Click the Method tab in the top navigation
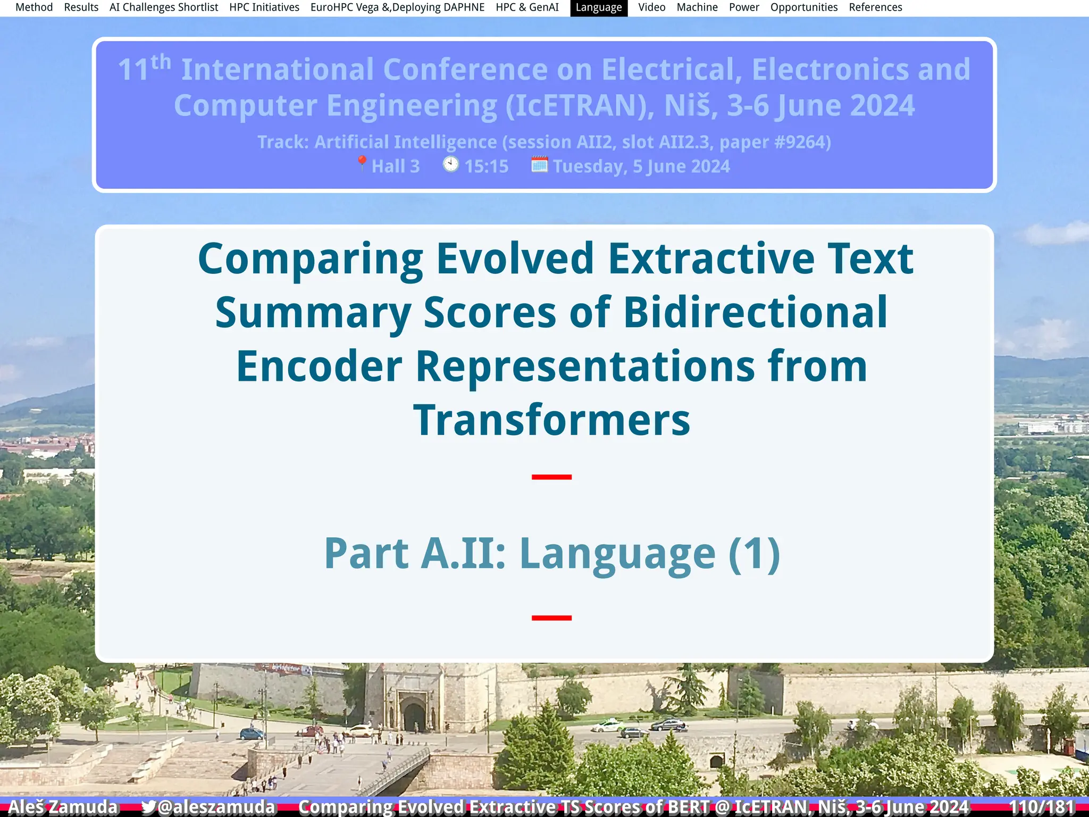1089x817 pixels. click(34, 7)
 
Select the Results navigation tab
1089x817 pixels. click(81, 7)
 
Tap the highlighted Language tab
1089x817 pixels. click(598, 7)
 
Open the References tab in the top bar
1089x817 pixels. click(875, 7)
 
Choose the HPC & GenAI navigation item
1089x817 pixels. click(527, 7)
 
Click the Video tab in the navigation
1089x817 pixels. click(651, 7)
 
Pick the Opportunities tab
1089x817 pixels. click(803, 7)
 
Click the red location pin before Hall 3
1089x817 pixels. click(362, 163)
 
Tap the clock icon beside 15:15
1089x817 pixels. click(450, 164)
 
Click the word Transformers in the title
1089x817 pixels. click(551, 420)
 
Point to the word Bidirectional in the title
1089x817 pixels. click(755, 312)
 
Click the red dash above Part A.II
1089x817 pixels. click(551, 477)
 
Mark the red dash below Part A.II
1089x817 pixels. click(551, 618)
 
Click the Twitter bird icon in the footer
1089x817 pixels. click(148, 807)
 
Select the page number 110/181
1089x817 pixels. click(1041, 807)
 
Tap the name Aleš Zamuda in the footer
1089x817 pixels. click(63, 807)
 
